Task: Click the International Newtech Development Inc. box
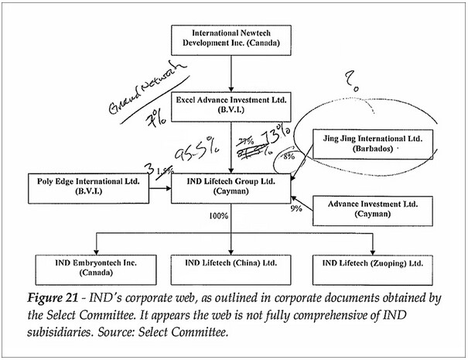click(x=231, y=39)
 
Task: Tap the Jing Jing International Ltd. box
click(x=372, y=144)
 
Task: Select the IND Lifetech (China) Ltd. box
click(x=231, y=267)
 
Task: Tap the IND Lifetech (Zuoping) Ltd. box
click(x=372, y=267)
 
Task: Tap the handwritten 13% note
click(x=275, y=141)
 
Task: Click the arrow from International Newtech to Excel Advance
click(x=231, y=72)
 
